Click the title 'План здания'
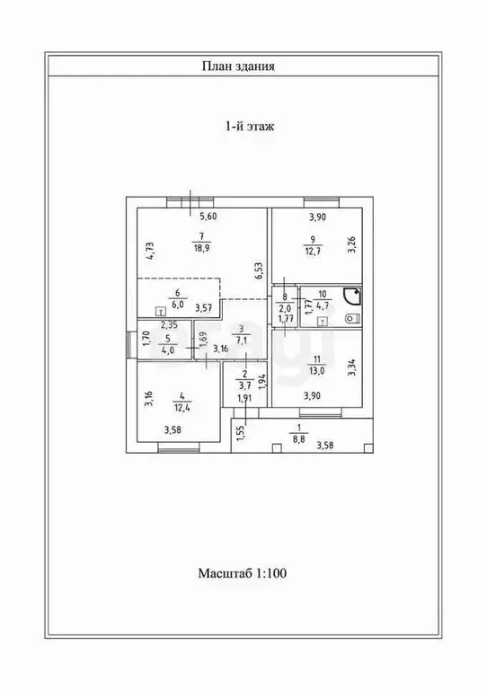(238, 66)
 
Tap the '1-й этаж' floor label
(250, 127)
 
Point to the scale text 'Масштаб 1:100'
(243, 573)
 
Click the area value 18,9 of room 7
(201, 248)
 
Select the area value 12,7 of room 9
(313, 252)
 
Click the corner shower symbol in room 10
(353, 296)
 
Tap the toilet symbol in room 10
(353, 318)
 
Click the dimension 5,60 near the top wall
(208, 216)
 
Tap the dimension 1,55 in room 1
(239, 433)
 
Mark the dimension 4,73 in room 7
(150, 251)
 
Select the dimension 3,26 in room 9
(351, 245)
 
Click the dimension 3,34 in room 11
(351, 367)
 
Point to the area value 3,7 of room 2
(244, 387)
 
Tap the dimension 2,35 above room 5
(169, 326)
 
